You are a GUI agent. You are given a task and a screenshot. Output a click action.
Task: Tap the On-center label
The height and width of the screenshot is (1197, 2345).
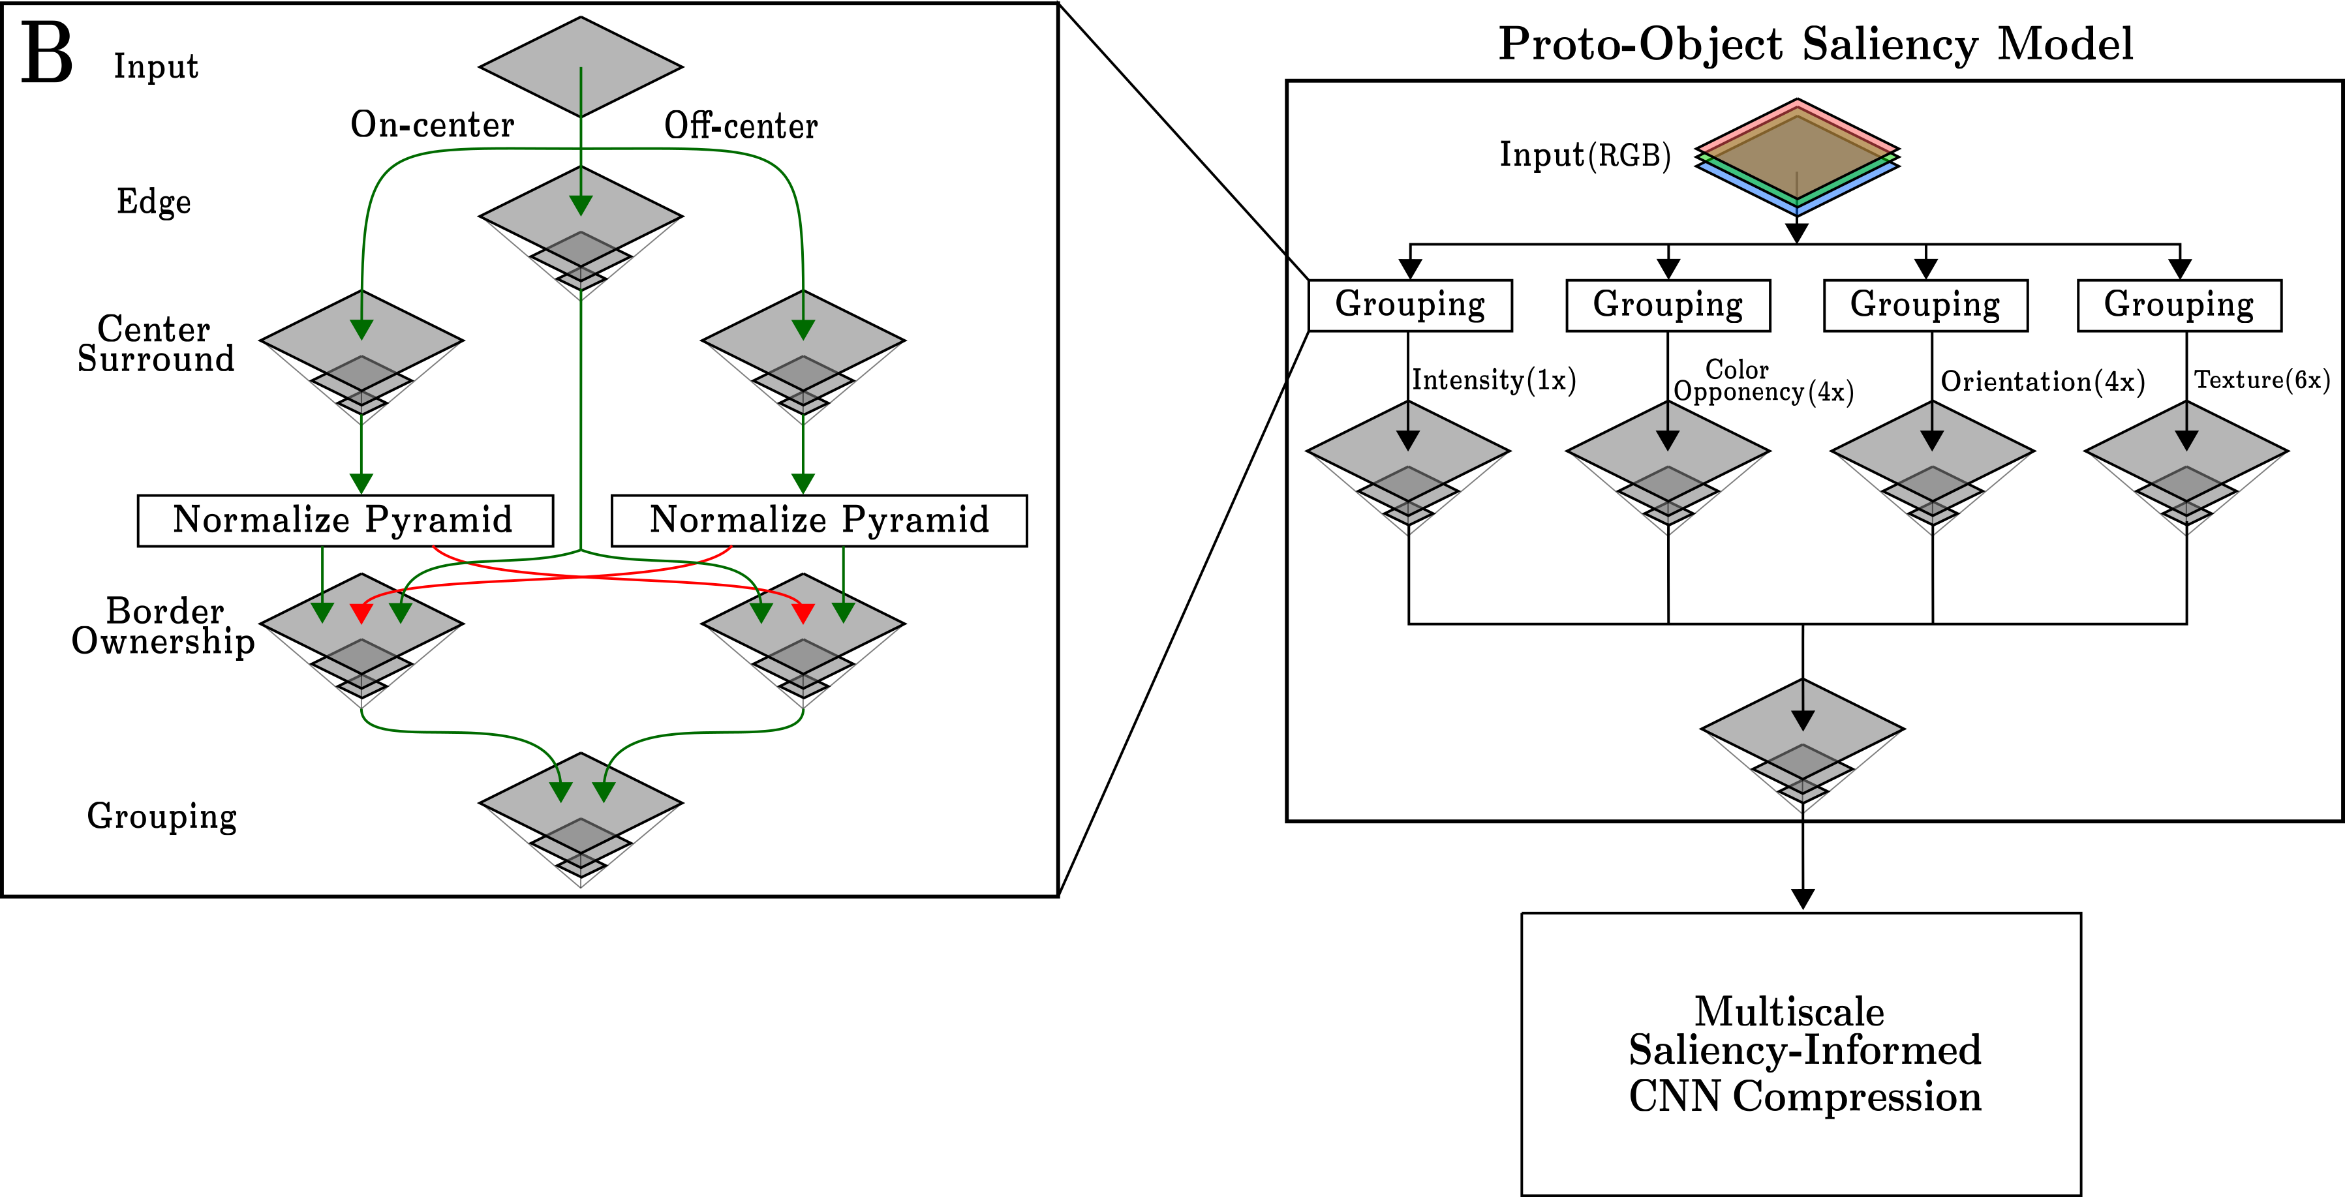coord(433,125)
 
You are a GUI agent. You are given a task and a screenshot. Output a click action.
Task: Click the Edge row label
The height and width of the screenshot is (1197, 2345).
coord(154,201)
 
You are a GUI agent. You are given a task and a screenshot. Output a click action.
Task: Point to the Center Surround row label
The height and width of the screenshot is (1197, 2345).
coord(156,343)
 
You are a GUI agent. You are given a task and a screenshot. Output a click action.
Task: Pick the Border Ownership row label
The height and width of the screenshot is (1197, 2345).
coord(163,626)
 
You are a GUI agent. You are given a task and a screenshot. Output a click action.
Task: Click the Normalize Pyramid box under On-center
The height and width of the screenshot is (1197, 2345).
coord(345,521)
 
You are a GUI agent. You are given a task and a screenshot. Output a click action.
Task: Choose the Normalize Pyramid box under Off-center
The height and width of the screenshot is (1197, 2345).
coord(820,521)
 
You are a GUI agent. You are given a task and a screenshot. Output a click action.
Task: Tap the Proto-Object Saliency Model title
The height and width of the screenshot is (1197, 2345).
coord(1816,44)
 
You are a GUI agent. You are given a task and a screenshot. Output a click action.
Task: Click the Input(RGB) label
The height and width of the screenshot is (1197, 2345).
coord(1585,155)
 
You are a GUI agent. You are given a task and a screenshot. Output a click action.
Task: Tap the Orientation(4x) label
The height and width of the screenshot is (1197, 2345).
coord(2043,382)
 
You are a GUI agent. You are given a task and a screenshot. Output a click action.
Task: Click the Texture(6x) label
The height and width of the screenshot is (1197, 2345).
coord(2262,380)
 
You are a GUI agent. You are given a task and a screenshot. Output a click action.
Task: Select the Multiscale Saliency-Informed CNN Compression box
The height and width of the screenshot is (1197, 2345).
coord(1801,1054)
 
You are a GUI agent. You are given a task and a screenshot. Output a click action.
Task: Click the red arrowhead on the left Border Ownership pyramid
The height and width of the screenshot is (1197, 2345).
coord(361,613)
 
